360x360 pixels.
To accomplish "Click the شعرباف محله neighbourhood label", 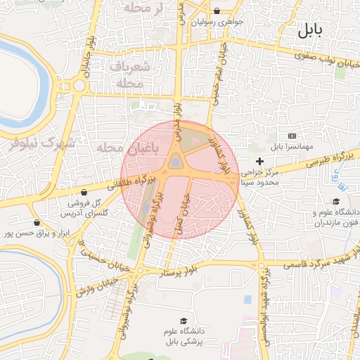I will pos(130,74).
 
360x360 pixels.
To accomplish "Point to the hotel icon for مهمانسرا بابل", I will pos(292,135).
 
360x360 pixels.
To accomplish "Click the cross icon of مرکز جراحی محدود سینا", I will pos(259,161).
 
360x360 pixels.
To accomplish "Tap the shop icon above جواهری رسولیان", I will pos(217,11).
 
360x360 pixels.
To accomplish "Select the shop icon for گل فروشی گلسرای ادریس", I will pos(84,192).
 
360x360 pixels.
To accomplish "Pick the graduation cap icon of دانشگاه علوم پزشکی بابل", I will pos(184,320).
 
